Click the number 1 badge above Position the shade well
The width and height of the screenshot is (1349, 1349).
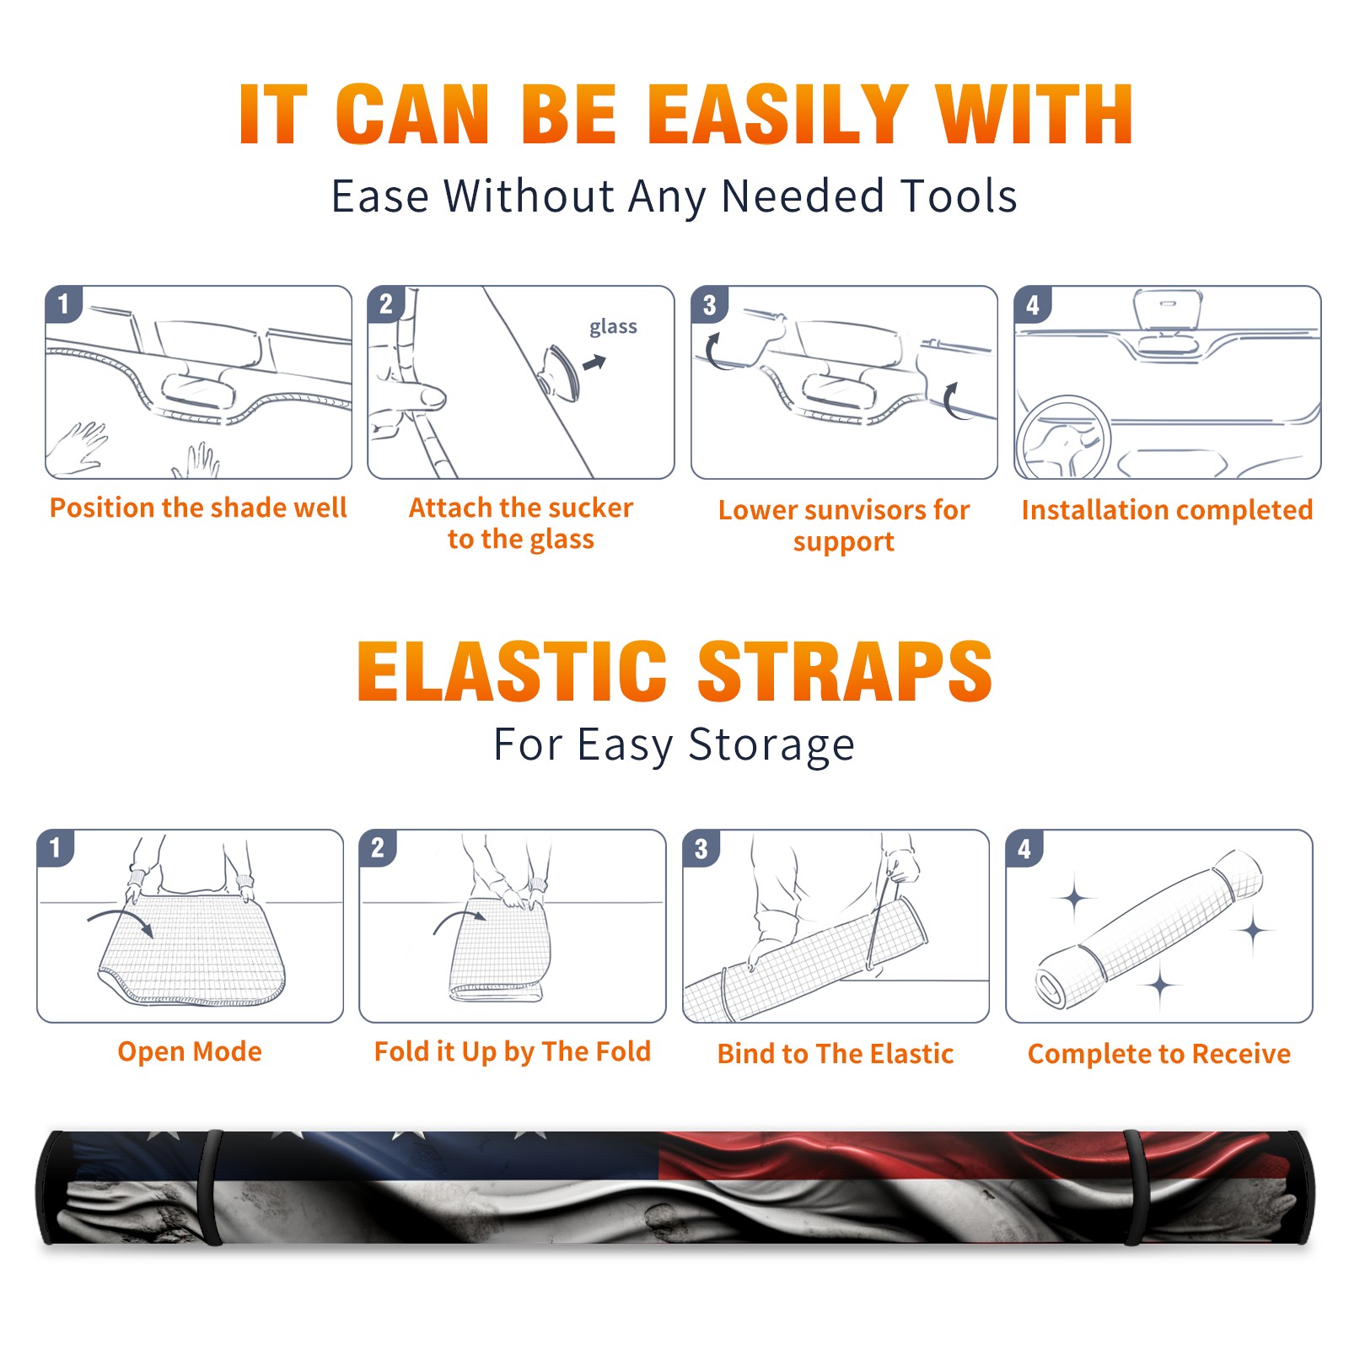click(64, 304)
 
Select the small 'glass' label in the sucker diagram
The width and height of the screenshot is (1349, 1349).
click(613, 327)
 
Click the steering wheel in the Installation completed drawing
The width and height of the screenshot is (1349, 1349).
click(1063, 438)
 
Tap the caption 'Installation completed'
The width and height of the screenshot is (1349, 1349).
click(1167, 510)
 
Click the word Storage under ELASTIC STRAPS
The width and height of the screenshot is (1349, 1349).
click(771, 745)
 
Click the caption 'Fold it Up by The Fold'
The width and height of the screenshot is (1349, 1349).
click(513, 1052)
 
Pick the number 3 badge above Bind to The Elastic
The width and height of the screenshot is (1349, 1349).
click(701, 848)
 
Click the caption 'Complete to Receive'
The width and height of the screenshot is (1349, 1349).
click(1159, 1054)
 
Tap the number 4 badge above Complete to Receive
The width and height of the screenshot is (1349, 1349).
click(1024, 848)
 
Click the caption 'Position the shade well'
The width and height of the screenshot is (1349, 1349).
click(198, 508)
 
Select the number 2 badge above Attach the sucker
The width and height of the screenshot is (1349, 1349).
click(386, 304)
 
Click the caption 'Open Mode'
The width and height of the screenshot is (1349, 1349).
click(190, 1052)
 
